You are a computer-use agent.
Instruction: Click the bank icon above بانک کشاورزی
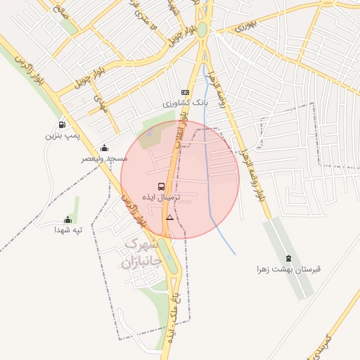click(185, 92)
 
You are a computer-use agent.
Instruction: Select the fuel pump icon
click(63, 124)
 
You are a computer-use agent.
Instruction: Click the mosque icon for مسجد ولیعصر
click(104, 148)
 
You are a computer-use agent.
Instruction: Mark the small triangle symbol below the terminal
click(169, 218)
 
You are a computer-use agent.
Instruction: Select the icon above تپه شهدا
click(67, 219)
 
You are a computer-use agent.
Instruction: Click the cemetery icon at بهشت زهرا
click(289, 257)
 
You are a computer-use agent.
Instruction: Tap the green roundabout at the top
click(202, 30)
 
